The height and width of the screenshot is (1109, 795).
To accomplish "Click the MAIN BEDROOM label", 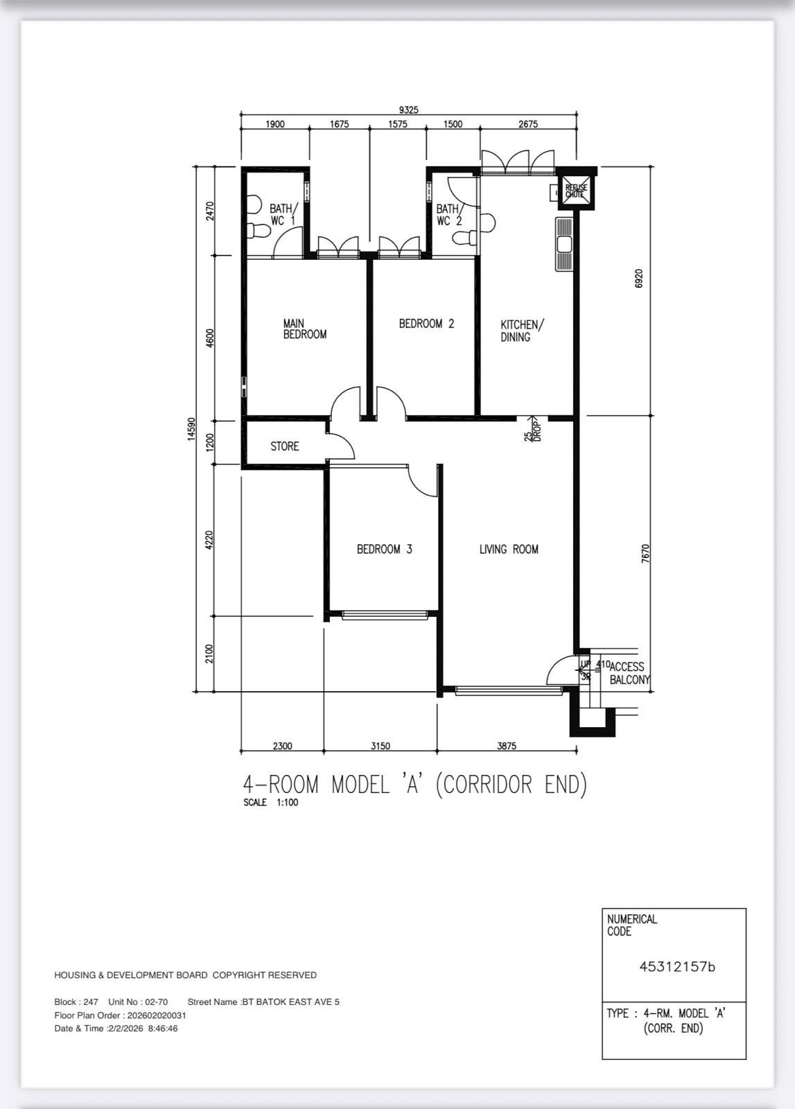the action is (x=304, y=329).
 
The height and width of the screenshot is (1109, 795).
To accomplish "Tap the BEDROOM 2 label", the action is (x=426, y=324).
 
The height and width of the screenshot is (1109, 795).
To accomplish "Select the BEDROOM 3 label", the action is (x=384, y=549).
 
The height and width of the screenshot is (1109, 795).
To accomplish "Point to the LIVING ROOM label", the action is (x=508, y=549).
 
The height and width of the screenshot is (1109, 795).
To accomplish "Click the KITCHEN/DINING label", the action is (x=522, y=331).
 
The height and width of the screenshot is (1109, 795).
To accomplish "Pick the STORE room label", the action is (x=284, y=446).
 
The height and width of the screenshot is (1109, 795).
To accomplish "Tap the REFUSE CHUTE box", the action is (x=576, y=191).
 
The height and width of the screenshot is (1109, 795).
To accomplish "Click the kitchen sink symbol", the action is (x=564, y=244).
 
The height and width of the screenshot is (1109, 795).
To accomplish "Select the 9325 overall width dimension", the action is (x=408, y=110).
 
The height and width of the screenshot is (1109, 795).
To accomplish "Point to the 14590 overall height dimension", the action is (x=191, y=429).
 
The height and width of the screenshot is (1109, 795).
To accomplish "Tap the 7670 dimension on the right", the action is (x=645, y=554).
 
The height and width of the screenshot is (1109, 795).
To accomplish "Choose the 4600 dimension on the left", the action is (x=209, y=338).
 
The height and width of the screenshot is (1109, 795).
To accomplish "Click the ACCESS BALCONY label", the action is (x=629, y=673).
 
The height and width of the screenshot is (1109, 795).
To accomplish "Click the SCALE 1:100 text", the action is (x=270, y=802).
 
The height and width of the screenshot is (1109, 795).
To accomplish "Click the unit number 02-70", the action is (x=156, y=1002).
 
